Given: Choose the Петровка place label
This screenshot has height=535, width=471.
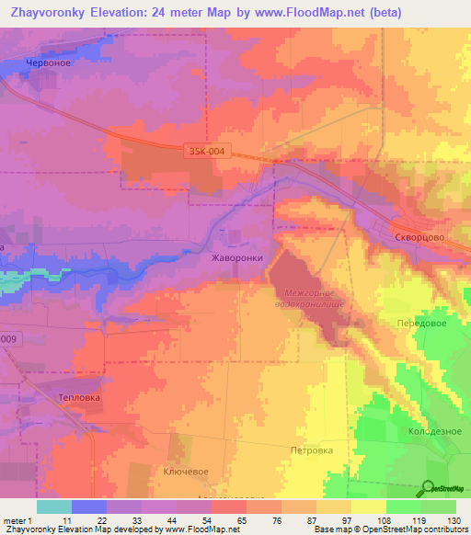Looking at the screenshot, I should pyautogui.click(x=311, y=450).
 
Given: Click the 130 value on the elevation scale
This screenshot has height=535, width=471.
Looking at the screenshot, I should pyautogui.click(x=454, y=520).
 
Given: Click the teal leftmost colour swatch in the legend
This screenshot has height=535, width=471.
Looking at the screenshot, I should pyautogui.click(x=53, y=507).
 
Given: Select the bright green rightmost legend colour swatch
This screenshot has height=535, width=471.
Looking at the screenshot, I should pyautogui.click(x=438, y=507).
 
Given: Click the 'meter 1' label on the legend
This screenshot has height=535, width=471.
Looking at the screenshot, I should pyautogui.click(x=18, y=520).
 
